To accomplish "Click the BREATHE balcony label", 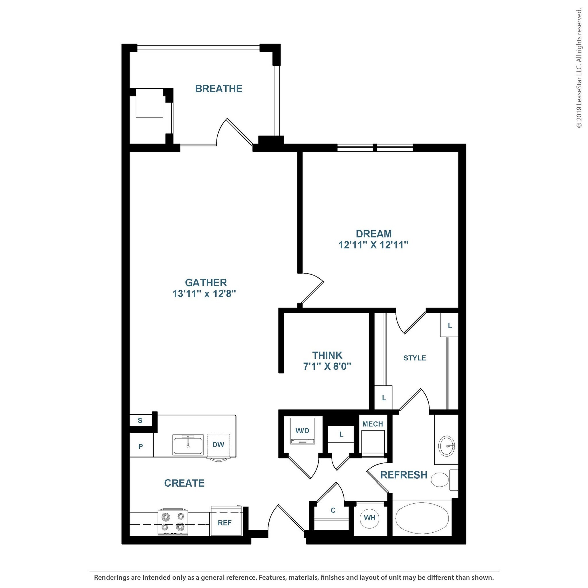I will (x=218, y=88).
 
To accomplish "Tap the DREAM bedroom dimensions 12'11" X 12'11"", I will (x=373, y=245).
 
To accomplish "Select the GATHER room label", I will (x=206, y=283).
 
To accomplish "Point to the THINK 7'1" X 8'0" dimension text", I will (x=327, y=366).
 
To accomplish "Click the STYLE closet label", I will (x=415, y=358).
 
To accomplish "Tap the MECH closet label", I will (x=372, y=424).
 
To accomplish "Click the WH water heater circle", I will (x=370, y=518).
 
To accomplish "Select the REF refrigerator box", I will (x=225, y=523).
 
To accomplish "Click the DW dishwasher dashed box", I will (x=218, y=445).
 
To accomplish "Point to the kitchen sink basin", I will (x=188, y=445).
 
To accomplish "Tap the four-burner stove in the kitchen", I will (x=173, y=522).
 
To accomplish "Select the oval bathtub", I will (x=422, y=518).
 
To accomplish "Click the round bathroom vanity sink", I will (x=447, y=446).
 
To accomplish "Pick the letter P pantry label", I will (x=141, y=446).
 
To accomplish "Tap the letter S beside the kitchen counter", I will (x=140, y=421).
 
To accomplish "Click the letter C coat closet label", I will (x=333, y=510).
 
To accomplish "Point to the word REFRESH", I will (x=404, y=475).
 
